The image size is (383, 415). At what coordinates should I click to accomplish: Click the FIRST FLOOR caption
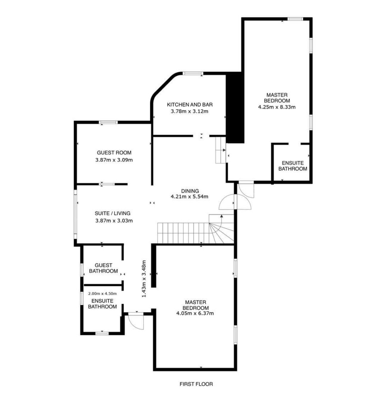196,384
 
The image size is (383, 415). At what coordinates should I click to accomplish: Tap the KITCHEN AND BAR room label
189,104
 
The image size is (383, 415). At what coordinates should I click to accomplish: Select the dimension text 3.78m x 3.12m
189,111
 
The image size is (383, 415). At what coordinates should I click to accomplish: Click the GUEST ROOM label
114,152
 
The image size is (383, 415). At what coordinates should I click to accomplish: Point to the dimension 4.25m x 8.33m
277,107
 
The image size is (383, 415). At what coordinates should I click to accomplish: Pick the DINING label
190,191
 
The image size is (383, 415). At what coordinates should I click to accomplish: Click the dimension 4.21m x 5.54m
189,196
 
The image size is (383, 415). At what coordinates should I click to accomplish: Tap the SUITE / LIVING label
113,213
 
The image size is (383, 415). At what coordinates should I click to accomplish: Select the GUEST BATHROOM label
104,268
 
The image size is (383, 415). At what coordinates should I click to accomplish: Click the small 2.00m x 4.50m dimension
102,294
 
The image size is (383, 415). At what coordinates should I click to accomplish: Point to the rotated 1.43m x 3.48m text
143,278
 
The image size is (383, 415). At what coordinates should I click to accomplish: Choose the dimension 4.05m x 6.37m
195,313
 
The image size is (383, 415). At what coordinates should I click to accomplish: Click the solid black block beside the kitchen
235,107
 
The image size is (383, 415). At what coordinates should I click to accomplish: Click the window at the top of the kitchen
193,73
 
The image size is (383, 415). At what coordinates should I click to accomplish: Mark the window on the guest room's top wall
108,122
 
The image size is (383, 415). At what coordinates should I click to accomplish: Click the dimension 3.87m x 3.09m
114,160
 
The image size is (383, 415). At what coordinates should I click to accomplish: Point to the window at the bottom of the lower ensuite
102,333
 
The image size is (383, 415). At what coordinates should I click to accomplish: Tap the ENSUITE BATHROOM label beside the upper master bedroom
293,166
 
